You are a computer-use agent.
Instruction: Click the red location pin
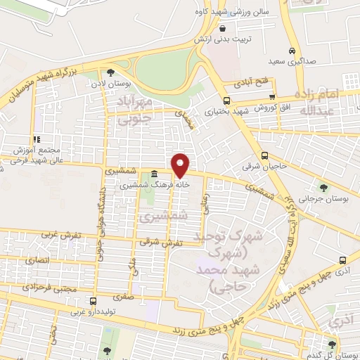[181, 165]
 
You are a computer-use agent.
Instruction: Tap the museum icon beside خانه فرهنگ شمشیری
[154, 174]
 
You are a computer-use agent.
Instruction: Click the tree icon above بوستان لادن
[110, 72]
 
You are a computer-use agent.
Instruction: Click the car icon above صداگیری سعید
[292, 51]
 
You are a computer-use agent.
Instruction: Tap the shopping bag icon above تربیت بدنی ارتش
[223, 29]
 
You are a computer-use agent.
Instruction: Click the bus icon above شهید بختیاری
[226, 100]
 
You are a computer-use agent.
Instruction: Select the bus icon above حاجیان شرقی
[264, 156]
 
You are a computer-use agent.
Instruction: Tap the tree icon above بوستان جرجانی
[323, 187]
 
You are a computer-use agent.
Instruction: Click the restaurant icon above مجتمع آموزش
[36, 139]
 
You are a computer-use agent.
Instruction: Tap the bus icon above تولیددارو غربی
[94, 298]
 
